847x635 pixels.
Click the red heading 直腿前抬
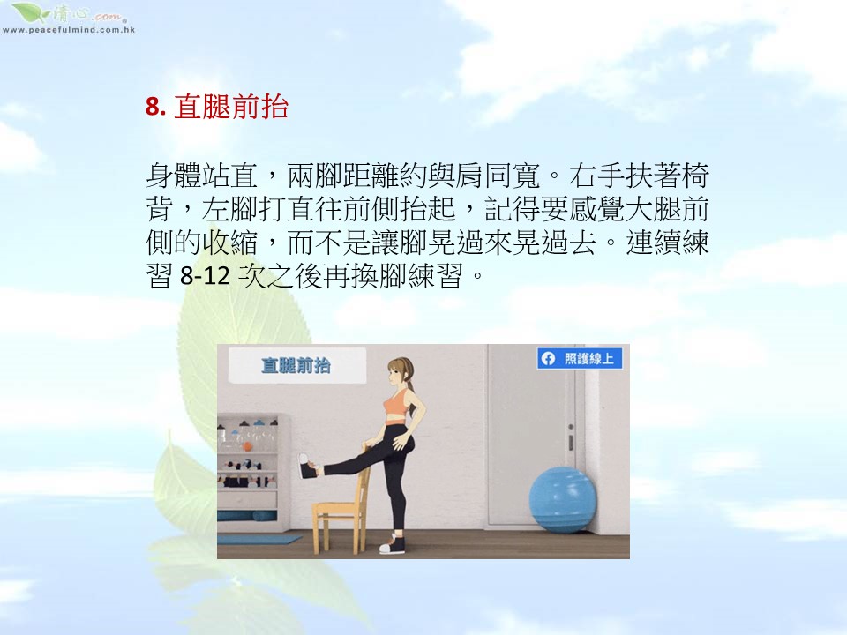(x=231, y=107)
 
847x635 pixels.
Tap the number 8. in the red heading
(x=155, y=107)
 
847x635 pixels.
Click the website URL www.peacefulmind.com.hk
(x=69, y=30)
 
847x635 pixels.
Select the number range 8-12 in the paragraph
(x=205, y=276)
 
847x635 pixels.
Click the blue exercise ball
(x=562, y=499)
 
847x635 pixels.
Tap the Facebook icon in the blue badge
(x=548, y=359)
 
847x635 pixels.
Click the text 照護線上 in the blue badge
(x=588, y=359)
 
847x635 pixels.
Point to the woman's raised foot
(x=309, y=467)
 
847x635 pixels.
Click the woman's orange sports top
(x=398, y=404)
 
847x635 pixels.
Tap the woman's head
(x=399, y=372)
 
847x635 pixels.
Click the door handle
(x=571, y=437)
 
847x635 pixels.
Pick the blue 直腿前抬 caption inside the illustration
(x=296, y=365)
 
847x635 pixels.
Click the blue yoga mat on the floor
(x=259, y=539)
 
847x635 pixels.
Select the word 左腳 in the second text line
(x=229, y=209)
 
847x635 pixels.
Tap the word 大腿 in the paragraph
(x=653, y=209)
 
